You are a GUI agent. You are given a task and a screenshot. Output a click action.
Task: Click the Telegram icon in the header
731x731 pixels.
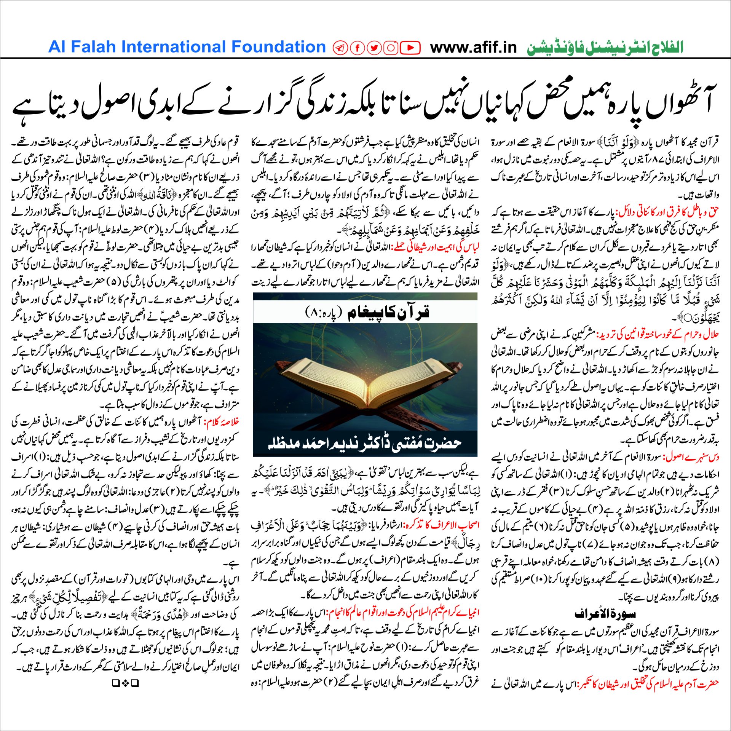(x=340, y=48)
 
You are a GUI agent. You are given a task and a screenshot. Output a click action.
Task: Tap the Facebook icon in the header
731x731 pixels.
(x=358, y=48)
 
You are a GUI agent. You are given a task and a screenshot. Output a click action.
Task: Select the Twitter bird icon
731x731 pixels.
(x=374, y=48)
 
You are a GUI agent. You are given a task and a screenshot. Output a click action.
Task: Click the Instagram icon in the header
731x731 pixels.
(x=391, y=48)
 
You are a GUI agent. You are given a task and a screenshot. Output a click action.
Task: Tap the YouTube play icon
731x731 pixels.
(x=410, y=48)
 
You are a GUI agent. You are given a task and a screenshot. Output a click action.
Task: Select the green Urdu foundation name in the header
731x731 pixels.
(x=605, y=48)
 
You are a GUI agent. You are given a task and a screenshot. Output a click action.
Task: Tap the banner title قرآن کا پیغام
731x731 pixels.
(x=388, y=312)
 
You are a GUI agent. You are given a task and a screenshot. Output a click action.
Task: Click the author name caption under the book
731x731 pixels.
(x=365, y=443)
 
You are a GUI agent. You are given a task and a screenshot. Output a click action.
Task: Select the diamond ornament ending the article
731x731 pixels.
(x=125, y=683)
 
